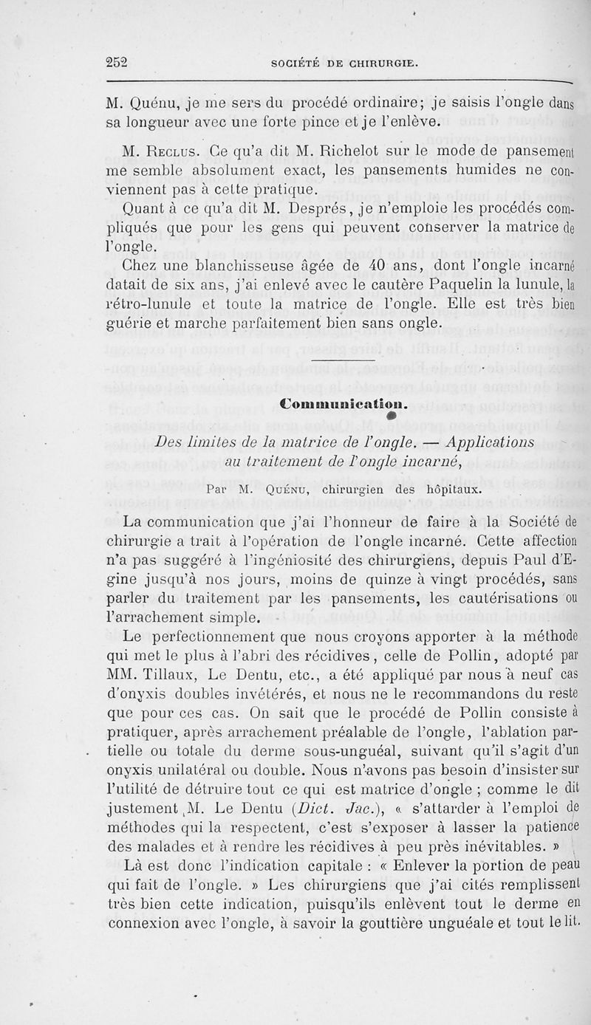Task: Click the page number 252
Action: point(117,63)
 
